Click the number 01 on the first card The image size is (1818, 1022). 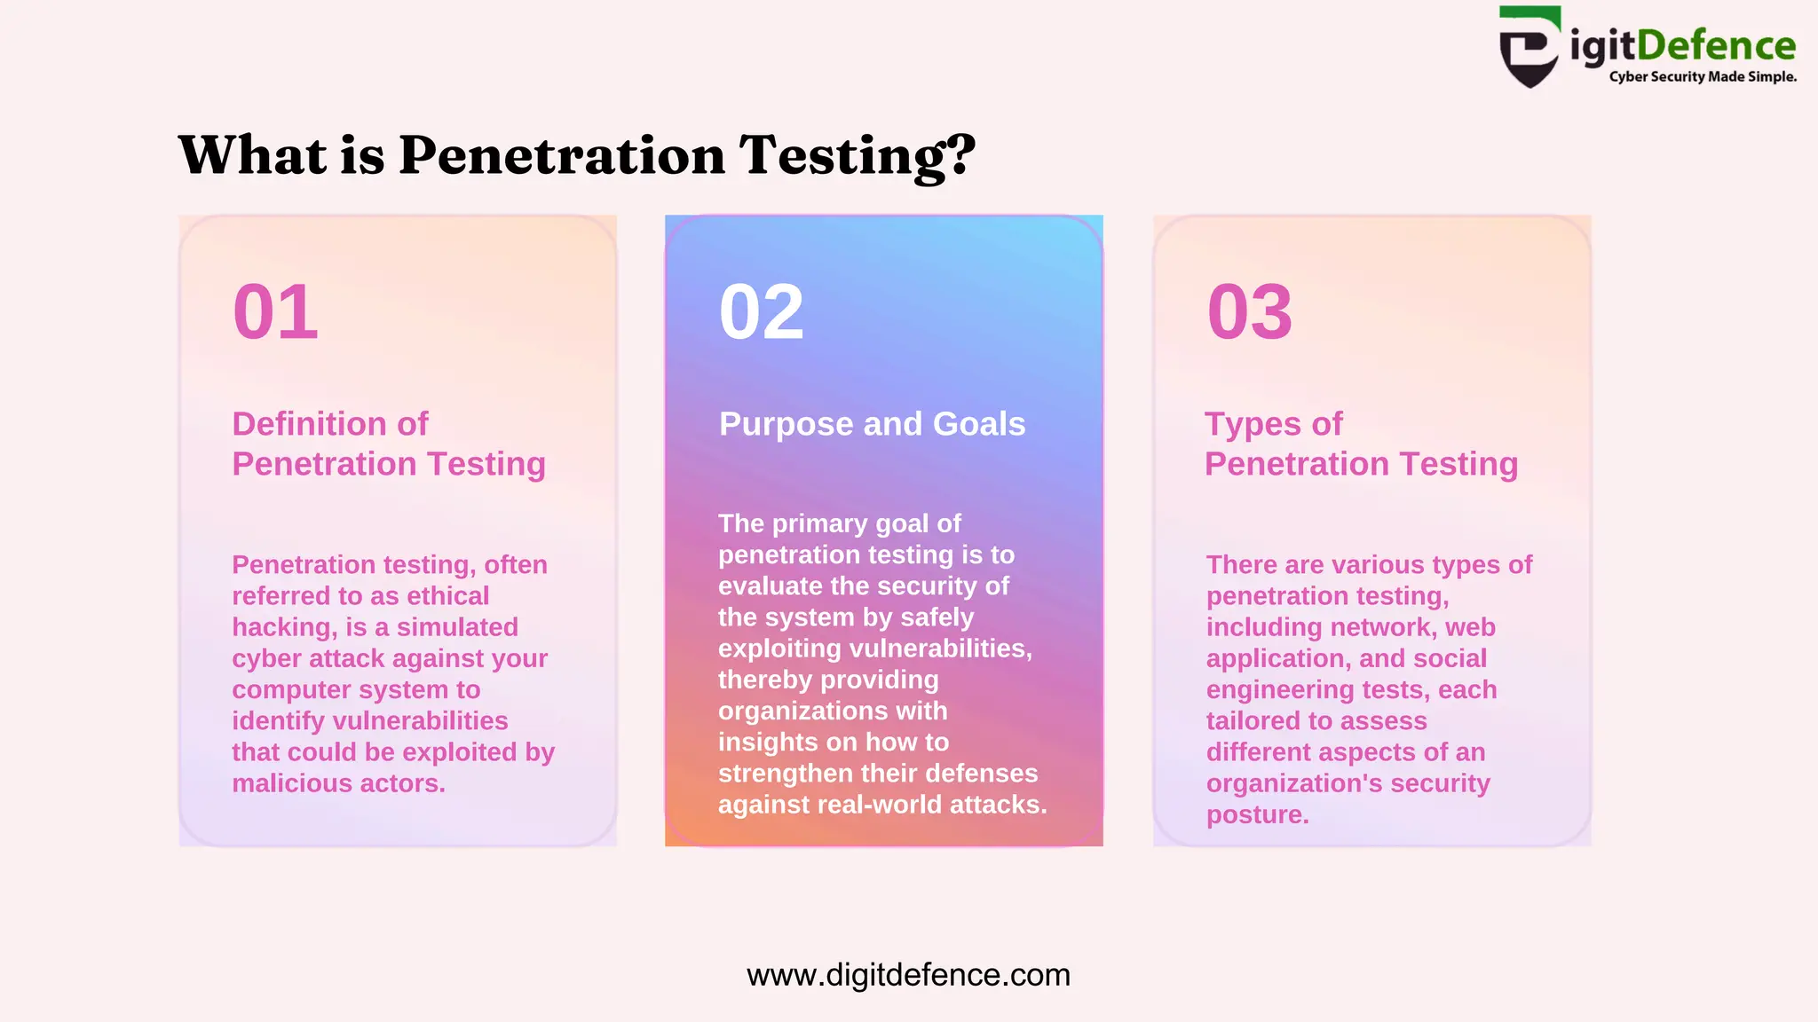(275, 312)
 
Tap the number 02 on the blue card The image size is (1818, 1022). (762, 312)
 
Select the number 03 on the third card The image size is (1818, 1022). (1250, 312)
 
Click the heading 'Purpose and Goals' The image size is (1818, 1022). (872, 424)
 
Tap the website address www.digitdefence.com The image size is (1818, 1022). (908, 975)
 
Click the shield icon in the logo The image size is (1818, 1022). (1529, 49)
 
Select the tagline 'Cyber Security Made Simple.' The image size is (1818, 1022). (1703, 77)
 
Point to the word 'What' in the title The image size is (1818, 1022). (253, 155)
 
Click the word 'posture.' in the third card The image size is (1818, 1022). (1257, 815)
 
